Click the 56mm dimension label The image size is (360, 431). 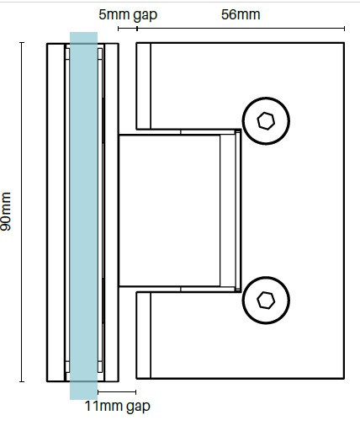pos(241,14)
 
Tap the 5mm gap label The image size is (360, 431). pos(128,15)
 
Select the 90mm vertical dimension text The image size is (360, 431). pos(6,211)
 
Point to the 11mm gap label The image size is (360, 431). pos(118,407)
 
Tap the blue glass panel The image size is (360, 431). pos(83,215)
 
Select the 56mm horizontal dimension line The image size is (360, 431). pos(241,29)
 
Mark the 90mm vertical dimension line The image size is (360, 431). pos(22,212)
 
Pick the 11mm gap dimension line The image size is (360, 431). pos(117,392)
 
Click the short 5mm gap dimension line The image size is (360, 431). pos(128,29)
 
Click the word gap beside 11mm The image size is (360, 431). pos(138,407)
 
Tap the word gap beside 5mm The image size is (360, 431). pos(146,16)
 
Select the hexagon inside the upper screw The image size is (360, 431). pos(266,121)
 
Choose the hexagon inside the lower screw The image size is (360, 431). pos(266,301)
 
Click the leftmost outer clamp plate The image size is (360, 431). pos(56,212)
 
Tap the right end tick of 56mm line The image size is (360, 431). pos(344,29)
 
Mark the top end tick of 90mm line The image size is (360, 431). pos(22,42)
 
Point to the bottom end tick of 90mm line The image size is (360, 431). pos(22,381)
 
